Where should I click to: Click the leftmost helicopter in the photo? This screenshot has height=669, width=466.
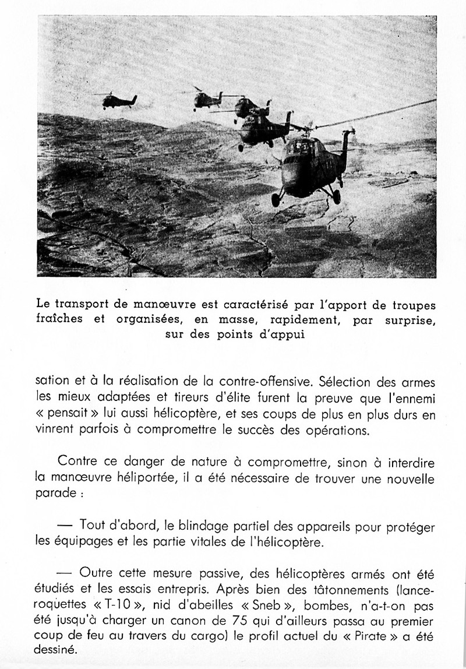pyautogui.click(x=119, y=101)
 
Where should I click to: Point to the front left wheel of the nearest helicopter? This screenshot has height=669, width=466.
pyautogui.click(x=276, y=200)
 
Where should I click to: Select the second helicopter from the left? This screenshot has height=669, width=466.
pyautogui.click(x=207, y=100)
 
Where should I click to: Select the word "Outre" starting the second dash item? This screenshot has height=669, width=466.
pyautogui.click(x=94, y=573)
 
